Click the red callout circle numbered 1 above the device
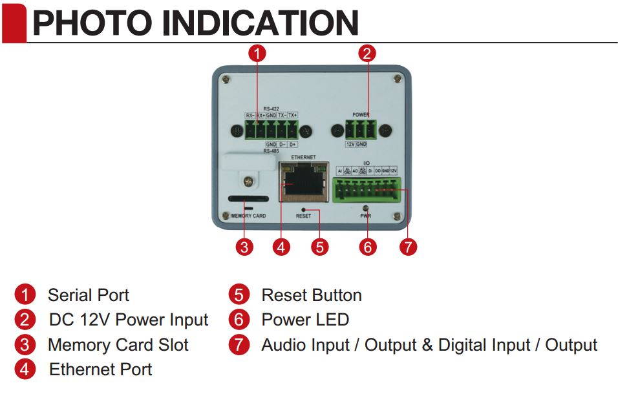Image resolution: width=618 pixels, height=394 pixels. (257, 53)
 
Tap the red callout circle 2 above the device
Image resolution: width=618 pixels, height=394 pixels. (367, 53)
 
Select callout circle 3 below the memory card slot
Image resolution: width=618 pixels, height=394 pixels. (244, 247)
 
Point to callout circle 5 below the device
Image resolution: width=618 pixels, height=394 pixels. (319, 247)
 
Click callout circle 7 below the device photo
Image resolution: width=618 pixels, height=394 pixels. (408, 247)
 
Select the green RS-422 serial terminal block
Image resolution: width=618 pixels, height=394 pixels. (272, 131)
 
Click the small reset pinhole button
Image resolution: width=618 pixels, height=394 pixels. (303, 210)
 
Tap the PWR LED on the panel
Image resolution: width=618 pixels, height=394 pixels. (366, 209)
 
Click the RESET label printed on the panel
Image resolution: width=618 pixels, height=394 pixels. (303, 216)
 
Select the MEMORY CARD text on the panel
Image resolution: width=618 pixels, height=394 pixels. (248, 216)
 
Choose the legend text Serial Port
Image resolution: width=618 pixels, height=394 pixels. (89, 296)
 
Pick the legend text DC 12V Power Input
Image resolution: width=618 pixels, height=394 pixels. (129, 320)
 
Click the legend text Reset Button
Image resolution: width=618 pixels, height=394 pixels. (312, 296)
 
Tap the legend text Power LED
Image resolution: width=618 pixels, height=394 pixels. (305, 320)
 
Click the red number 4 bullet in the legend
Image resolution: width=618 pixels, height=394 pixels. (25, 370)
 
